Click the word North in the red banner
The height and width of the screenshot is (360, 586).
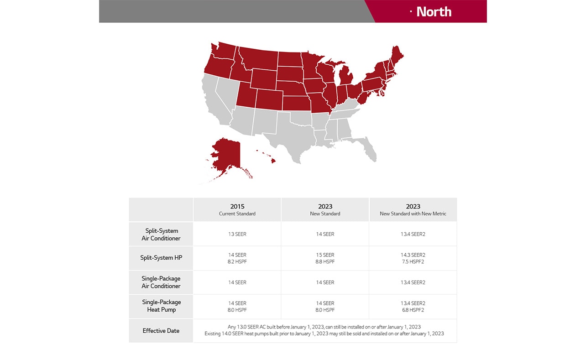[434, 11]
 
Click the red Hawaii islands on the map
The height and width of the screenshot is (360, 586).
[273, 160]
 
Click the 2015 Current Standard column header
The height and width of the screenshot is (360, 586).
[237, 209]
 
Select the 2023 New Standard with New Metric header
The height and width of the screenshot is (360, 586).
[413, 209]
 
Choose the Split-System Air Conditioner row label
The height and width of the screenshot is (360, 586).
[161, 235]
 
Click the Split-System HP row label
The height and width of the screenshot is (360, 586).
[161, 258]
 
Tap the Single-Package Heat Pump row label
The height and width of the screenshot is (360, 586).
[161, 306]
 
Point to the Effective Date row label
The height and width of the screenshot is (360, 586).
[161, 331]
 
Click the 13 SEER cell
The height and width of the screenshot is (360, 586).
[237, 234]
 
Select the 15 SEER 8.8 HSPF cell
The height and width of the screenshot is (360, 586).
[325, 258]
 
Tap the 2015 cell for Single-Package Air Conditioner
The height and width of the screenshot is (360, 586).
[237, 282]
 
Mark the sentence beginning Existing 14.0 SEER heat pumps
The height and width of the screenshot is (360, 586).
[324, 334]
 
